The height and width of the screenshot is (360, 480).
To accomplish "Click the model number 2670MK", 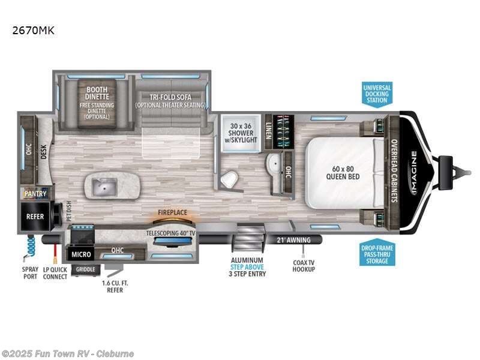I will click(34, 31).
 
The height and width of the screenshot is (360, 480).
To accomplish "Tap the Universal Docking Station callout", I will click(377, 94).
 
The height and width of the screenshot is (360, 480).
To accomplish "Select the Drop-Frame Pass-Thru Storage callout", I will click(377, 254).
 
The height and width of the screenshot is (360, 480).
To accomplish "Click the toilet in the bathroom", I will click(229, 178).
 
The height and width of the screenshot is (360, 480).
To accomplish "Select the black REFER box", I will click(35, 216).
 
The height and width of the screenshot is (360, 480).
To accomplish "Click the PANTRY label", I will click(35, 194).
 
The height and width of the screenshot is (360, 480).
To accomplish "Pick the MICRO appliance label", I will click(80, 254).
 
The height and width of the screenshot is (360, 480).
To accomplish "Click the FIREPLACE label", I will click(172, 212).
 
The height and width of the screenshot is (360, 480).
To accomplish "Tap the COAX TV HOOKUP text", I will click(304, 265).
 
